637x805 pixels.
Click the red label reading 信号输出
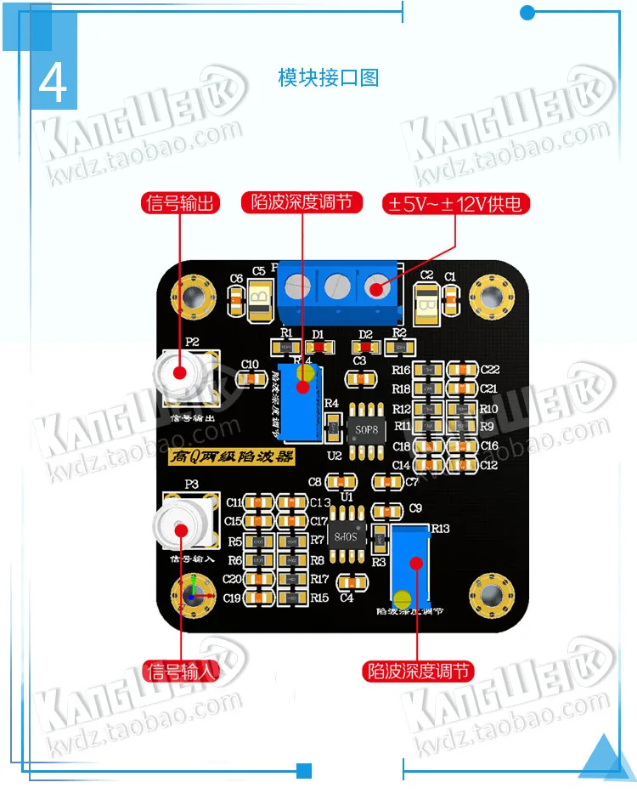pyautogui.click(x=181, y=203)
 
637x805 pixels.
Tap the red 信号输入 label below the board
pyautogui.click(x=181, y=671)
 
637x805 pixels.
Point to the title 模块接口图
pyautogui.click(x=328, y=78)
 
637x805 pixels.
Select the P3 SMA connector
pyautogui.click(x=182, y=528)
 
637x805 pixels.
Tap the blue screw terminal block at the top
pyautogui.click(x=337, y=290)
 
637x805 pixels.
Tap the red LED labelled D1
pyautogui.click(x=318, y=347)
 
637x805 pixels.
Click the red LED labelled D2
pyautogui.click(x=366, y=347)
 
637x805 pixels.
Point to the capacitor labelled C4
pyautogui.click(x=347, y=583)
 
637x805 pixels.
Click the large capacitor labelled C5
pyautogui.click(x=259, y=297)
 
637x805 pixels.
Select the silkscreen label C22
pyautogui.click(x=489, y=370)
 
